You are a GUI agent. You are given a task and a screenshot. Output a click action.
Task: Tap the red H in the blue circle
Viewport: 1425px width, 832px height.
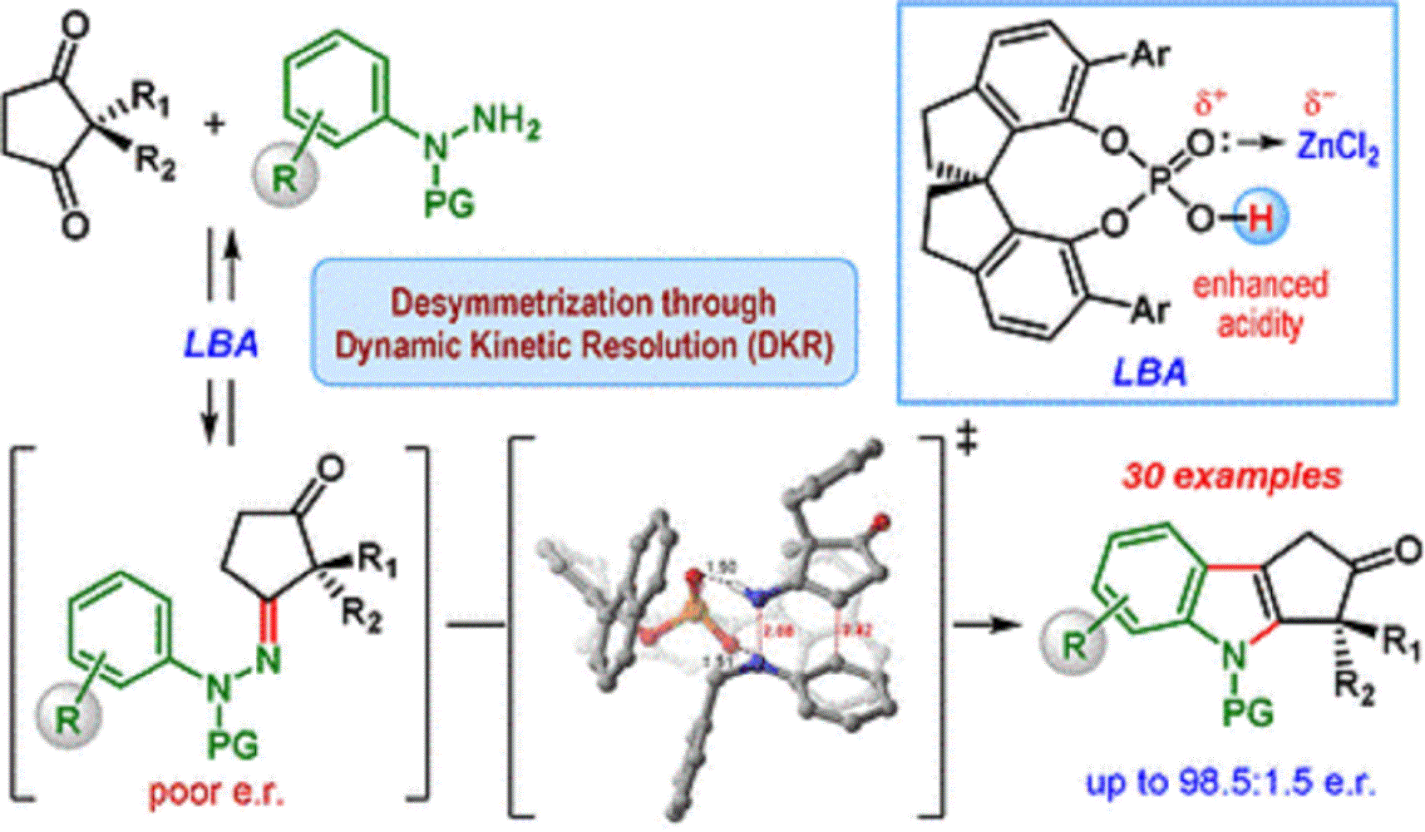pyautogui.click(x=1260, y=219)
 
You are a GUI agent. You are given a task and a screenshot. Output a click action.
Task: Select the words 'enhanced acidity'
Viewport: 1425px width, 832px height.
pyautogui.click(x=1260, y=304)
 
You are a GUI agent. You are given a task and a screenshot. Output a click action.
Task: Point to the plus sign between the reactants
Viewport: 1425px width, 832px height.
pyautogui.click(x=214, y=125)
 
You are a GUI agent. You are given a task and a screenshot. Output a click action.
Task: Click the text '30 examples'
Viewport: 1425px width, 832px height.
pyautogui.click(x=1231, y=476)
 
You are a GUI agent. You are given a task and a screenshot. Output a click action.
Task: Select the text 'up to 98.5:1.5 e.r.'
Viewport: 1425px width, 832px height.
pyautogui.click(x=1230, y=782)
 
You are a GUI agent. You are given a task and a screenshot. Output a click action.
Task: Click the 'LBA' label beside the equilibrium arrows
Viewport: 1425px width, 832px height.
pyautogui.click(x=220, y=344)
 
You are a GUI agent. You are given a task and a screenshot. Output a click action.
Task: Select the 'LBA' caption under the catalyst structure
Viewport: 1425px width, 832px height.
pyautogui.click(x=1150, y=372)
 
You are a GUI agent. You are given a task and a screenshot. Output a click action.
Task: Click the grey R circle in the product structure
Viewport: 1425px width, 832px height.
pyautogui.click(x=1074, y=644)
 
